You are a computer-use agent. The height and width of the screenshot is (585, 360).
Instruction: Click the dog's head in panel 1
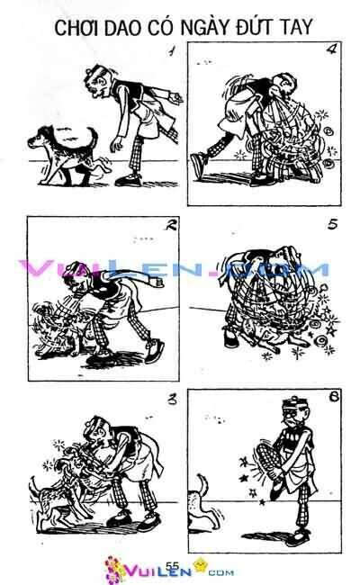point(41,138)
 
